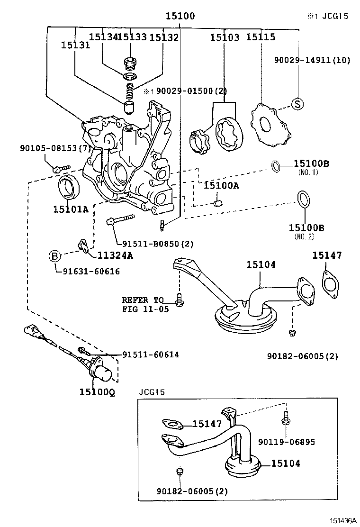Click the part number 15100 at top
(x=180, y=16)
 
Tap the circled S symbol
(x=297, y=104)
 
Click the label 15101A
(x=71, y=209)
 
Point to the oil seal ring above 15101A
(x=70, y=187)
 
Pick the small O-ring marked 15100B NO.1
(x=276, y=165)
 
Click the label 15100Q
(x=97, y=392)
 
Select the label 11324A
(x=115, y=256)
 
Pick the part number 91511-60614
(x=151, y=354)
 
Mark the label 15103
(x=225, y=37)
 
